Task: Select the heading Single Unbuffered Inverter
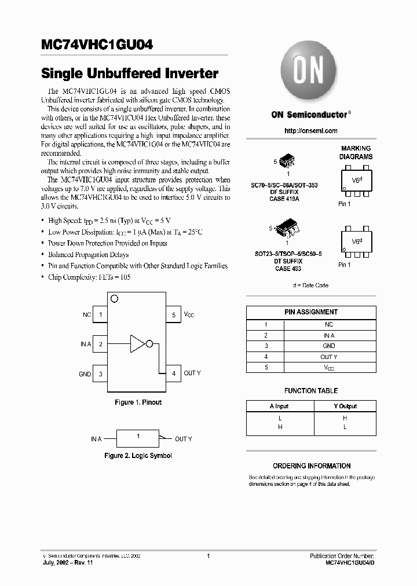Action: coord(130,74)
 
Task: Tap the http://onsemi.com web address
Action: coord(311,131)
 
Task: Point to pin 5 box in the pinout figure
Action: coord(174,315)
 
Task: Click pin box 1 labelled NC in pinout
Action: coord(100,315)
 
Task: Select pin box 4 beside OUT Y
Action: coord(174,373)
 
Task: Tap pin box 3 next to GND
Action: coord(100,374)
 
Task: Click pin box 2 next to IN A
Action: coord(100,344)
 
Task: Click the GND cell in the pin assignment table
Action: coord(328,346)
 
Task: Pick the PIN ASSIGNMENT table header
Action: coord(311,312)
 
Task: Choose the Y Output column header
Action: coord(345,406)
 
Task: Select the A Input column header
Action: coord(279,406)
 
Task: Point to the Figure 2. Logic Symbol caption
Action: coord(138,456)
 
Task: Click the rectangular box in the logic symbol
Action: coord(138,438)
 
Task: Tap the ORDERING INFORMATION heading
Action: coord(312,466)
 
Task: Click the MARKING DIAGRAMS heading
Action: coord(356,153)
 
